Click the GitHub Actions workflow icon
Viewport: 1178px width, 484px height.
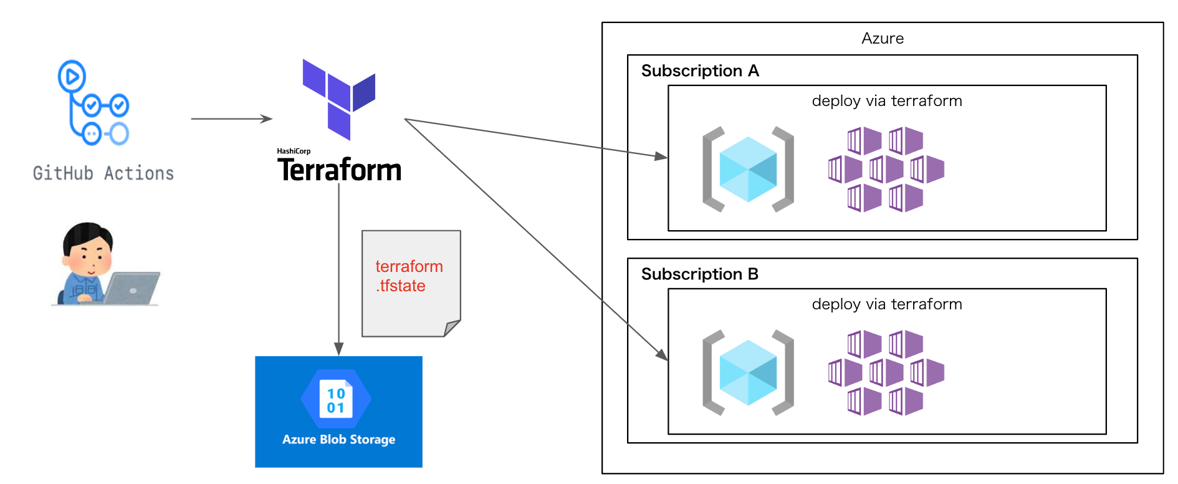[93, 103]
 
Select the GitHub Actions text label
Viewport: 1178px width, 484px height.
[103, 173]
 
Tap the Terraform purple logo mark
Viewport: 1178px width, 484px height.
[339, 99]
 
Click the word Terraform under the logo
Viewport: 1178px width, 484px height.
[340, 170]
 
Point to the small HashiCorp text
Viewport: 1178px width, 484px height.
[294, 151]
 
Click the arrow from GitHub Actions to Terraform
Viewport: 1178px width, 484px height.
[232, 119]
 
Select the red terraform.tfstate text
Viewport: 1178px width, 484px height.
[409, 276]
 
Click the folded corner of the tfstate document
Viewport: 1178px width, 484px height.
[451, 328]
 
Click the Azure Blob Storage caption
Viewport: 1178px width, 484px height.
[338, 439]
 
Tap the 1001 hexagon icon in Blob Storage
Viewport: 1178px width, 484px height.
[336, 399]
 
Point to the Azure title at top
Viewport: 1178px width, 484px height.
[883, 38]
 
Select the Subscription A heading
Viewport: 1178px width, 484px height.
[700, 70]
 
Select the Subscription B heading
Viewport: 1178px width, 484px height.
[700, 274]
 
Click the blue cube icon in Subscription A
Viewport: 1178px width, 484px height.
[748, 169]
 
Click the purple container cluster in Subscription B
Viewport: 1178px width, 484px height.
[886, 373]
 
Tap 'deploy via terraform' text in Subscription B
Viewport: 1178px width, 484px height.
[887, 304]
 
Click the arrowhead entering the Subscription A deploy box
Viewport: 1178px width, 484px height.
[661, 156]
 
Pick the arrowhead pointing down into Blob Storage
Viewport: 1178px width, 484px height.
[339, 349]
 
